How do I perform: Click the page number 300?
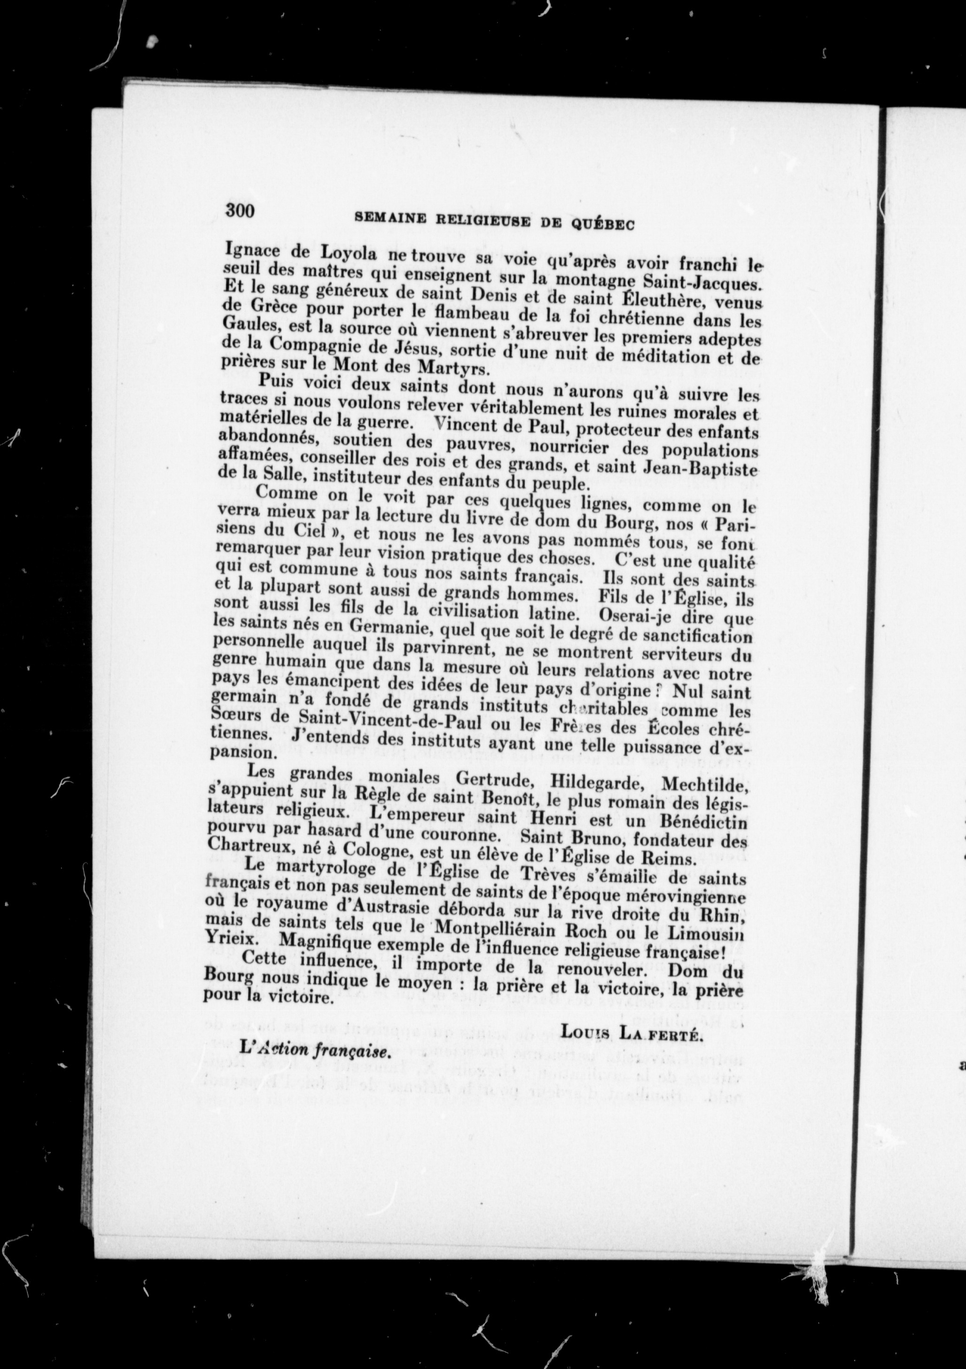pyautogui.click(x=240, y=211)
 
